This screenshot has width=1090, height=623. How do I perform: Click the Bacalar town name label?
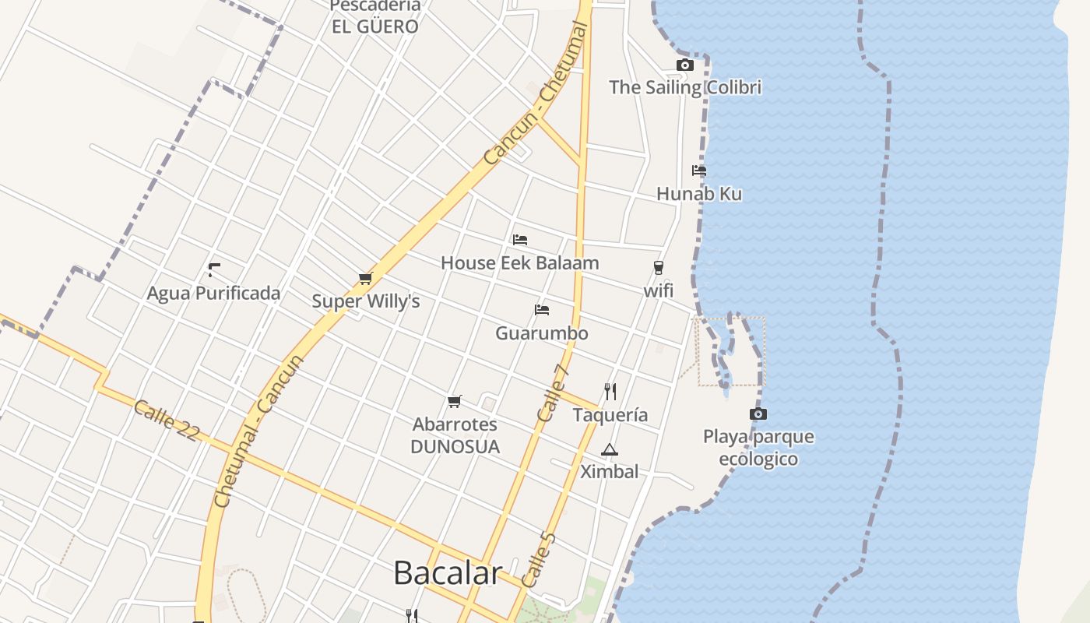(x=448, y=573)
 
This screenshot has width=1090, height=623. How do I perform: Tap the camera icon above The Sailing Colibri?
(x=685, y=65)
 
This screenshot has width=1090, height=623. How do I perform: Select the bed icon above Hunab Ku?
(x=699, y=171)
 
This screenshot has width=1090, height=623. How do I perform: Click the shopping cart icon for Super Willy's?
(x=366, y=278)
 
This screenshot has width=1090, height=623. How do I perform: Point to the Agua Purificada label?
(x=213, y=294)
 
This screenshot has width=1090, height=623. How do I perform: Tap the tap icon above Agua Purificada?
(x=213, y=270)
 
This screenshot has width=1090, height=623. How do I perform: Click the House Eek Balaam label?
(x=520, y=263)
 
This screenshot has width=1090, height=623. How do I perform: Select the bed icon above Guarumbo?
(x=542, y=310)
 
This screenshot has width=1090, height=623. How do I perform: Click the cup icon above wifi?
(x=659, y=268)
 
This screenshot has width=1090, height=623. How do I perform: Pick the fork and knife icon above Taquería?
(x=610, y=391)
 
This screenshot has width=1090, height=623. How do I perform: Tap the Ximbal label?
(x=610, y=472)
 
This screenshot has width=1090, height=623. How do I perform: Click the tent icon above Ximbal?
(x=610, y=449)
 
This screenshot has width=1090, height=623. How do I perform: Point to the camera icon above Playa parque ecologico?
(x=758, y=414)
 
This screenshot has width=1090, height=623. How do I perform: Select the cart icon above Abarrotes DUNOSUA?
(x=455, y=401)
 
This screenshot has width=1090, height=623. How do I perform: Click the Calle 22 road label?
(x=165, y=421)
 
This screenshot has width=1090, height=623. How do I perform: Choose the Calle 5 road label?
(x=539, y=560)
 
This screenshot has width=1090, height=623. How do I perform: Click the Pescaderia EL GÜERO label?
(x=375, y=16)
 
